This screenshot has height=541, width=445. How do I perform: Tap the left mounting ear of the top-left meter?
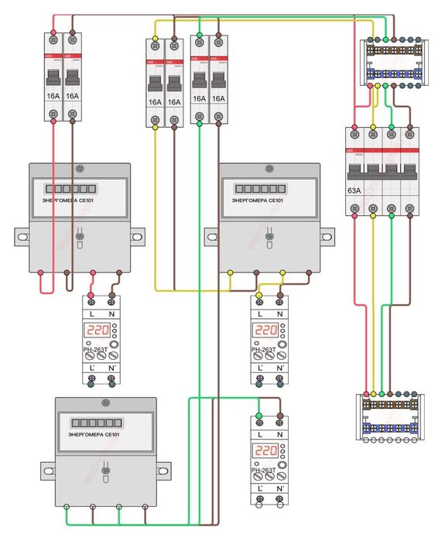pos(20,234)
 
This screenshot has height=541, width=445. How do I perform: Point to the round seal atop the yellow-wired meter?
pos(269,168)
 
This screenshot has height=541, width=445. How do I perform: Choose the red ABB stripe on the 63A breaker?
pos(381,149)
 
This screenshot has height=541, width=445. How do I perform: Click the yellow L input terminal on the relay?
pos(258,297)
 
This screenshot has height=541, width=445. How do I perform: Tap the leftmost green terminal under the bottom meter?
pos(67,508)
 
